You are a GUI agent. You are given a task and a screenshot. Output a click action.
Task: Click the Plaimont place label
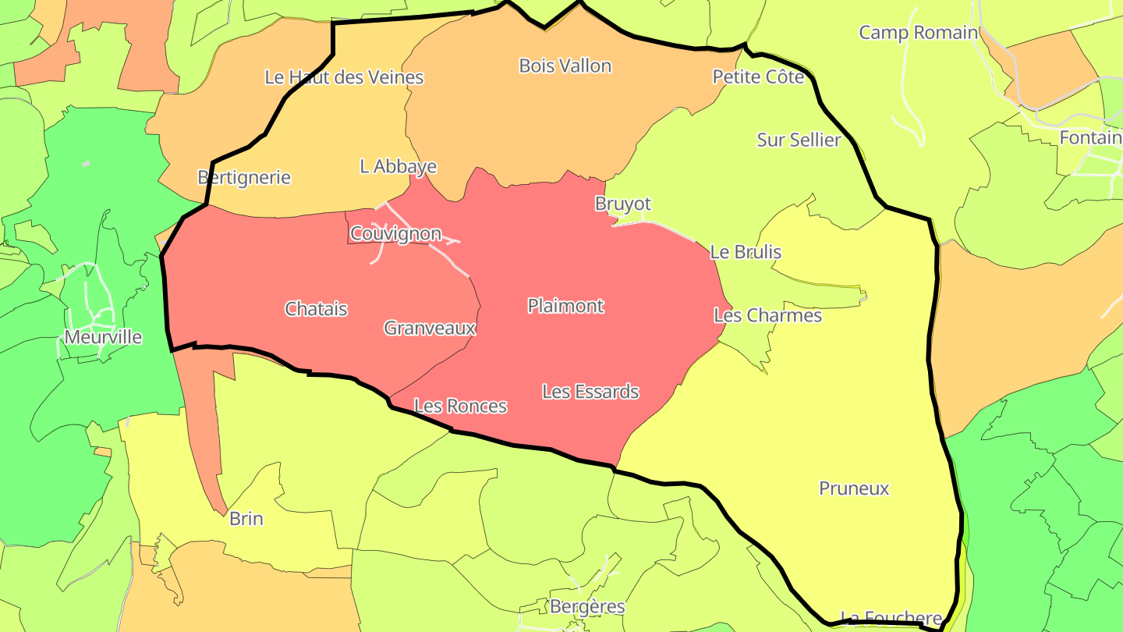(x=565, y=306)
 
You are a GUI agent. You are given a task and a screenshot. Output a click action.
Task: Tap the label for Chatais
(x=316, y=309)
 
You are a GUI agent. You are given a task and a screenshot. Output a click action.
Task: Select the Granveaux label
(x=430, y=328)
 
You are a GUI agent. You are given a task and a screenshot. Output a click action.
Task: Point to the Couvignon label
(x=395, y=234)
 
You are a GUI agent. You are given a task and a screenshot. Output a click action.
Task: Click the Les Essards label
(x=590, y=392)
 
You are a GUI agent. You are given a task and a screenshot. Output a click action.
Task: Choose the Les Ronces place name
(x=460, y=407)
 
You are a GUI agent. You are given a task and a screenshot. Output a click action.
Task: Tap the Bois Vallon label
(x=565, y=66)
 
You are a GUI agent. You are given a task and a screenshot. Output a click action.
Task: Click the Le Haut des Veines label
(x=344, y=77)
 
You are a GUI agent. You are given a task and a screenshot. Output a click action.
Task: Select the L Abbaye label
(x=398, y=167)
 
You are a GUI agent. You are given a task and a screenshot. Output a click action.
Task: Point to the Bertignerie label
(x=244, y=178)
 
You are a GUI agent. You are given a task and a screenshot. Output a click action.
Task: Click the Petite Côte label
(x=758, y=77)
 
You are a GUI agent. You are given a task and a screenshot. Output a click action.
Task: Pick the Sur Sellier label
(x=799, y=140)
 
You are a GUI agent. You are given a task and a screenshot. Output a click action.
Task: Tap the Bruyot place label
(x=622, y=204)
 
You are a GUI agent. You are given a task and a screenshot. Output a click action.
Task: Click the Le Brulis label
(x=745, y=253)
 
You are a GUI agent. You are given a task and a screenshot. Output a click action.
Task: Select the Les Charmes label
(x=767, y=316)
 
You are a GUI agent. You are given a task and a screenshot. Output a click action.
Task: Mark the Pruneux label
(x=854, y=489)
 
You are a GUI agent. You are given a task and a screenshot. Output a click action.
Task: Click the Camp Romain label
(x=918, y=33)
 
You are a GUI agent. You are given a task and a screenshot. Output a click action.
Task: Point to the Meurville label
(x=103, y=338)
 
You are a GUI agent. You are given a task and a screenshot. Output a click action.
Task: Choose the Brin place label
(x=246, y=519)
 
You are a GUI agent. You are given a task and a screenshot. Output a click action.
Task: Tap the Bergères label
(x=587, y=607)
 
